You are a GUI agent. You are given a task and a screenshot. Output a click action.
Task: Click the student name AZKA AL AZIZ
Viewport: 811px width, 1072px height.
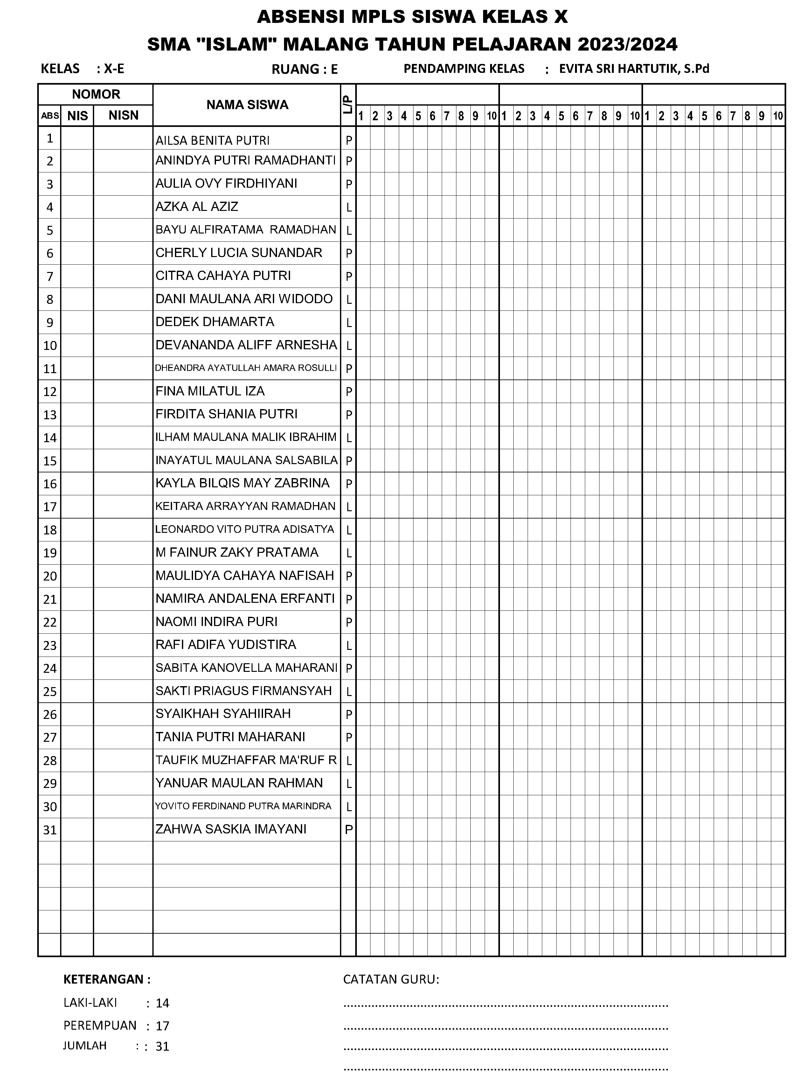[197, 207]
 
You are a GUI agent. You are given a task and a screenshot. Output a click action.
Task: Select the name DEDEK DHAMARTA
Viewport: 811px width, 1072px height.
[215, 322]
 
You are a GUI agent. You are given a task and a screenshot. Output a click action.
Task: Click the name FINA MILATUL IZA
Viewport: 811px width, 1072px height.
[210, 391]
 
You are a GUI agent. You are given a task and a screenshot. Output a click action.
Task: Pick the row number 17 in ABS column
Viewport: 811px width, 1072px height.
[50, 507]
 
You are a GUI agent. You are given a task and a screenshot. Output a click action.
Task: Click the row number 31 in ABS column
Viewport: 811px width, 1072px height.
[50, 830]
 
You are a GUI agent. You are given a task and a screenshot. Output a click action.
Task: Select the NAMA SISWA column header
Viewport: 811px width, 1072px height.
[247, 105]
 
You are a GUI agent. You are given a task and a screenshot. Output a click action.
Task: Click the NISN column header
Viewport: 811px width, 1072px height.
[123, 115]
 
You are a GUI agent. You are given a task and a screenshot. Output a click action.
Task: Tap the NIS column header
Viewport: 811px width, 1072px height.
[78, 115]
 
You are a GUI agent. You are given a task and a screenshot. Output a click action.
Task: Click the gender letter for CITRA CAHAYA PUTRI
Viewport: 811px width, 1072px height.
[348, 277]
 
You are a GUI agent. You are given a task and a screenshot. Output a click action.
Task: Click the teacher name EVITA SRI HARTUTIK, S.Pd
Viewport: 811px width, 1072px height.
[634, 69]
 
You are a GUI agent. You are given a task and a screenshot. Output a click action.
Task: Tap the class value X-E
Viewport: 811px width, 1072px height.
[114, 69]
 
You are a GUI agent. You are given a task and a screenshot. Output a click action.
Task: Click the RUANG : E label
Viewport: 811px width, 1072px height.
[304, 69]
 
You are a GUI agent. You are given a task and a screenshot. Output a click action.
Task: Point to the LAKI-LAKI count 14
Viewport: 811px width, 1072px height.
[162, 1003]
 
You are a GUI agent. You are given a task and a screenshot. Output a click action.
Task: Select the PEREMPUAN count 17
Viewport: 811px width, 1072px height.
[162, 1026]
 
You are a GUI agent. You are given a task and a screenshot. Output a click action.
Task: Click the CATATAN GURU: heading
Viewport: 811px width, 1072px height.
[391, 979]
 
